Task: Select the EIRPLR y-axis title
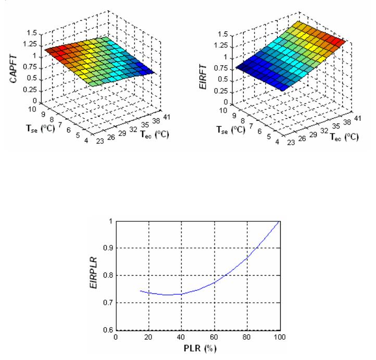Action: (92, 276)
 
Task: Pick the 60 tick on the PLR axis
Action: (215, 337)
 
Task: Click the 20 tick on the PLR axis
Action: (149, 337)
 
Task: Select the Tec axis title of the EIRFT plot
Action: (341, 136)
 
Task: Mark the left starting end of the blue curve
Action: (141, 291)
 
